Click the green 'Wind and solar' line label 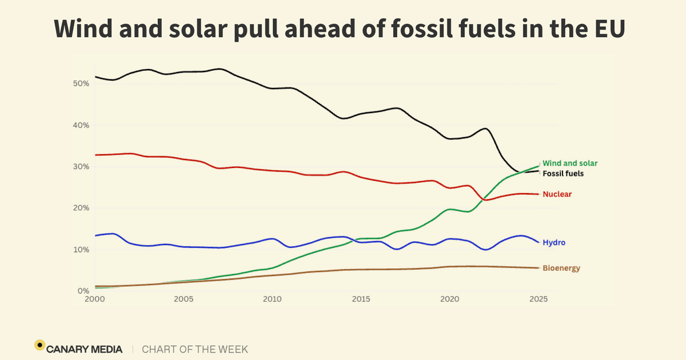point(569,163)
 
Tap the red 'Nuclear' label point(557,194)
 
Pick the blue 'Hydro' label point(553,243)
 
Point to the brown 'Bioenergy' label point(561,268)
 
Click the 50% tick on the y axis point(82,83)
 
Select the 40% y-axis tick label point(82,125)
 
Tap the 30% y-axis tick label point(82,167)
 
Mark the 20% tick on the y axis point(82,208)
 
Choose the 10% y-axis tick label point(82,250)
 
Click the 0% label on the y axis point(84,291)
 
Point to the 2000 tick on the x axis point(94,299)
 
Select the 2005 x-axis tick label point(183,299)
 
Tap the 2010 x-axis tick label point(272,299)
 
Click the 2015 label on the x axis point(361,299)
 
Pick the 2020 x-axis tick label point(449,299)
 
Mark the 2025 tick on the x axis point(538,299)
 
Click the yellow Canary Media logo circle point(39,345)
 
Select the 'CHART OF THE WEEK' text point(195,349)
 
